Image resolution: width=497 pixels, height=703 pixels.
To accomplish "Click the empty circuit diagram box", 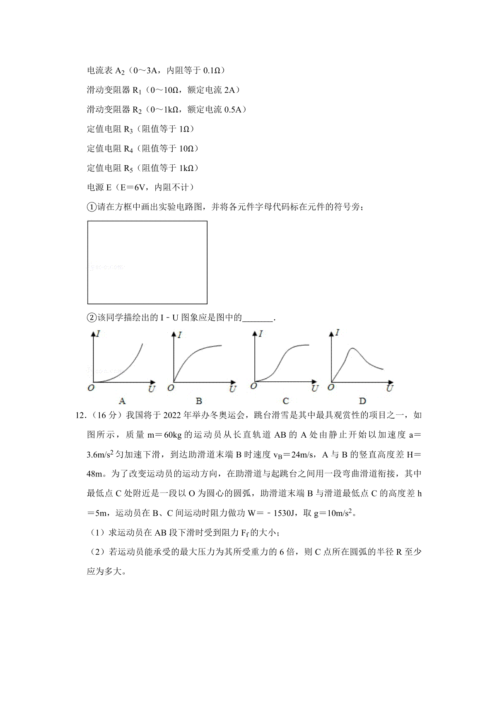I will point(147,262).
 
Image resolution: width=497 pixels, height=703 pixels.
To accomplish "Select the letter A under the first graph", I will point(122,401).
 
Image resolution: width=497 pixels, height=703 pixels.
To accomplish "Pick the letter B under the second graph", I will point(199,401).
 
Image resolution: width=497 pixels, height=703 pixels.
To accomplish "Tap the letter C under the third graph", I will point(285,401).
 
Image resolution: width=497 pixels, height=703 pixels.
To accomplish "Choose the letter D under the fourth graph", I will point(362,401).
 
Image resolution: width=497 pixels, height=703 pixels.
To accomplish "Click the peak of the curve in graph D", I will point(352,349).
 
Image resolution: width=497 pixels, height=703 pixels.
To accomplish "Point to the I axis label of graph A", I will point(99,333).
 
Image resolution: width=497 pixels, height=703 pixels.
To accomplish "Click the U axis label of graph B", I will point(232,389).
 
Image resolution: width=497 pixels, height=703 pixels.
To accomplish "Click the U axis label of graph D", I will point(389,388).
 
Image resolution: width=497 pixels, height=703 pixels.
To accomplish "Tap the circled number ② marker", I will point(92,318).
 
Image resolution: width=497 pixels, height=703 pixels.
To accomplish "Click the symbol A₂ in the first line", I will point(119,71).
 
